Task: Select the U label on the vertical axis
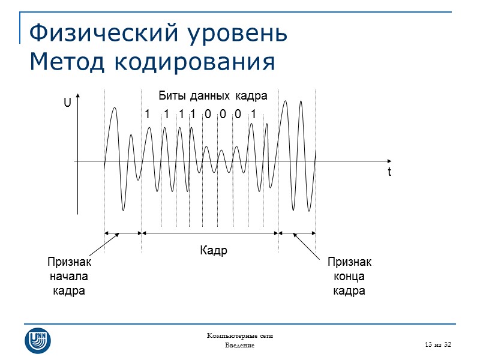pos(67,104)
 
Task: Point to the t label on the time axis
pos(389,172)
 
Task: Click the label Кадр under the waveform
pos(214,250)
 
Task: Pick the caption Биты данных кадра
pos(212,96)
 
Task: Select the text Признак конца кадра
pos(349,277)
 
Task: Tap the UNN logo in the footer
pos(37,340)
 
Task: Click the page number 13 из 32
pos(437,344)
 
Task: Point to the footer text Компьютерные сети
pos(240,335)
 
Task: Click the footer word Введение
pos(240,346)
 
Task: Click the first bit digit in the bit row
pos(147,114)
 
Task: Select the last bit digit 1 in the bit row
pos(253,114)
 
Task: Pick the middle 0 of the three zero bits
pos(223,114)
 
